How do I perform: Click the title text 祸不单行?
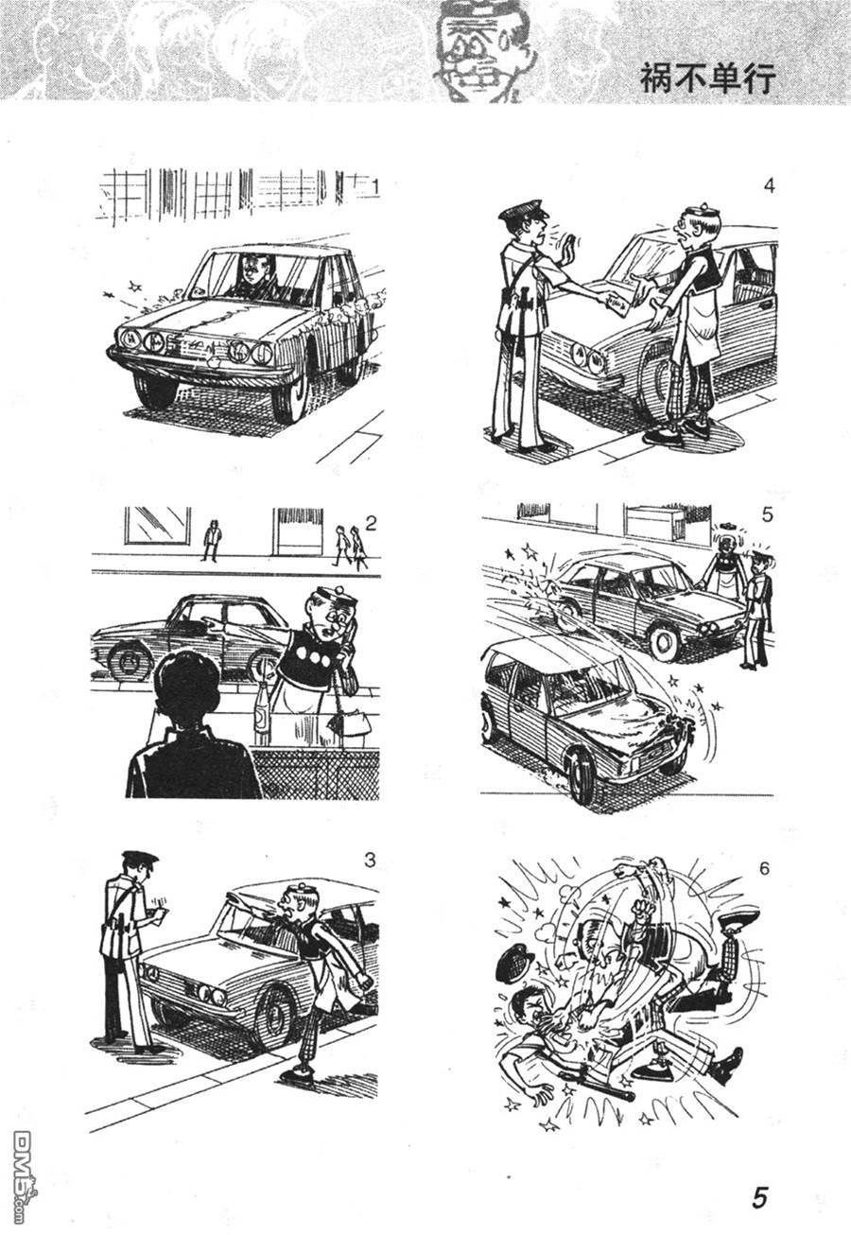[x=707, y=79]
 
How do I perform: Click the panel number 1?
[x=376, y=188]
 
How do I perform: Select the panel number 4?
[x=769, y=185]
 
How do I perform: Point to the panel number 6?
[x=764, y=869]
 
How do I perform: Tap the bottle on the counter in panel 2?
[x=262, y=716]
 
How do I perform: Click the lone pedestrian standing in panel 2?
[x=211, y=540]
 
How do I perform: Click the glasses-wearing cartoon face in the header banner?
[x=478, y=52]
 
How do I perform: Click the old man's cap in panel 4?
[x=695, y=210]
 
